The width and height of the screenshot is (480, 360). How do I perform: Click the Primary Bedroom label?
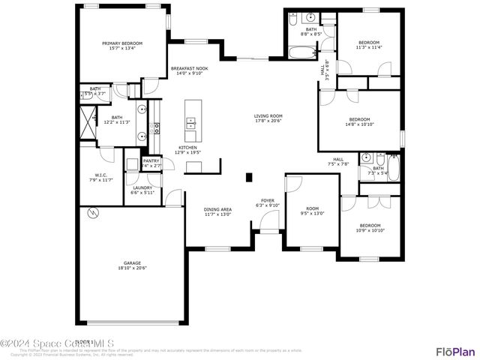tap(121, 43)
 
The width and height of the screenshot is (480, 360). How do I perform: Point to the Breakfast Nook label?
tap(189, 68)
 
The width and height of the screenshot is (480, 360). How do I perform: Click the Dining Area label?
tap(217, 209)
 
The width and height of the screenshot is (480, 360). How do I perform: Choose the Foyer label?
tap(268, 200)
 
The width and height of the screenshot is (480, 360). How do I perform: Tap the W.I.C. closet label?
tap(101, 175)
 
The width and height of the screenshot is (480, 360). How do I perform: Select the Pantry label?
tap(151, 160)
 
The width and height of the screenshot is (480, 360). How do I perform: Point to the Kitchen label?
tap(187, 148)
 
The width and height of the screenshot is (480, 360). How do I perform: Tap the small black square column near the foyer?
tap(249, 178)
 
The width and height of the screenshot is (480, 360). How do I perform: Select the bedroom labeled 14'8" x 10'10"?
tap(359, 119)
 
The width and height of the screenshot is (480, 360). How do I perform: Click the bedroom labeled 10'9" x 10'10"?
tap(370, 226)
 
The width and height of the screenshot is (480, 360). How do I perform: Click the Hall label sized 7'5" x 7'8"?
tap(338, 160)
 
